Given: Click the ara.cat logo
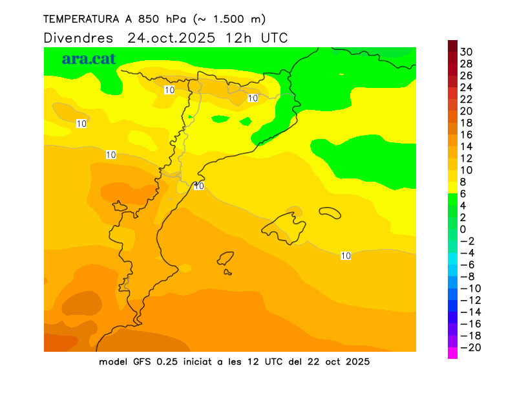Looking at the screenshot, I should [x=89, y=59].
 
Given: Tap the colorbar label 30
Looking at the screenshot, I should [x=467, y=52].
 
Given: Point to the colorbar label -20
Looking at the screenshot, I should [x=469, y=348].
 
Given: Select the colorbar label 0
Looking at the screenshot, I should [x=463, y=230].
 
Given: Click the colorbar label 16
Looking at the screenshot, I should [x=467, y=135].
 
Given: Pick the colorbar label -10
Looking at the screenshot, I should [x=469, y=288].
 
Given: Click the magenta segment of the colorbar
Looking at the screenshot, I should [x=452, y=353].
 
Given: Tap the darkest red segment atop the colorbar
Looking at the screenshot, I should [x=452, y=46].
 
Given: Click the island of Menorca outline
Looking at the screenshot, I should [x=330, y=211].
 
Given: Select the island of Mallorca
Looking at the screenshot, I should [x=285, y=226].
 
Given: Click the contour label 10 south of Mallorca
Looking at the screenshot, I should [x=346, y=256].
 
